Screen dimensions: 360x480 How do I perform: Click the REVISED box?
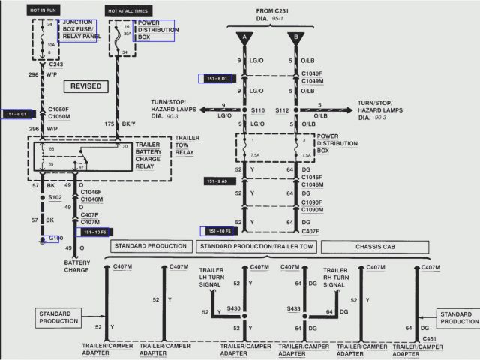click(85, 86)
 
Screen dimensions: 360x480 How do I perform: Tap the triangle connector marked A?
click(244, 37)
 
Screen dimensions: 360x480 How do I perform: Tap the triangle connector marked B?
click(295, 37)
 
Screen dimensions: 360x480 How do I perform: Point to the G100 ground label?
click(55, 238)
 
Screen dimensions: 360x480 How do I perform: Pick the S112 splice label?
click(281, 109)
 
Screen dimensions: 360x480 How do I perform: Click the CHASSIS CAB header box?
click(370, 246)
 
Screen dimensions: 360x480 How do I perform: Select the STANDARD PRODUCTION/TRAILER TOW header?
click(256, 246)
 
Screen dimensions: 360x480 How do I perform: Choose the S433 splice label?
click(293, 309)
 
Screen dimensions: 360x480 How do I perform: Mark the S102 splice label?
click(55, 198)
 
